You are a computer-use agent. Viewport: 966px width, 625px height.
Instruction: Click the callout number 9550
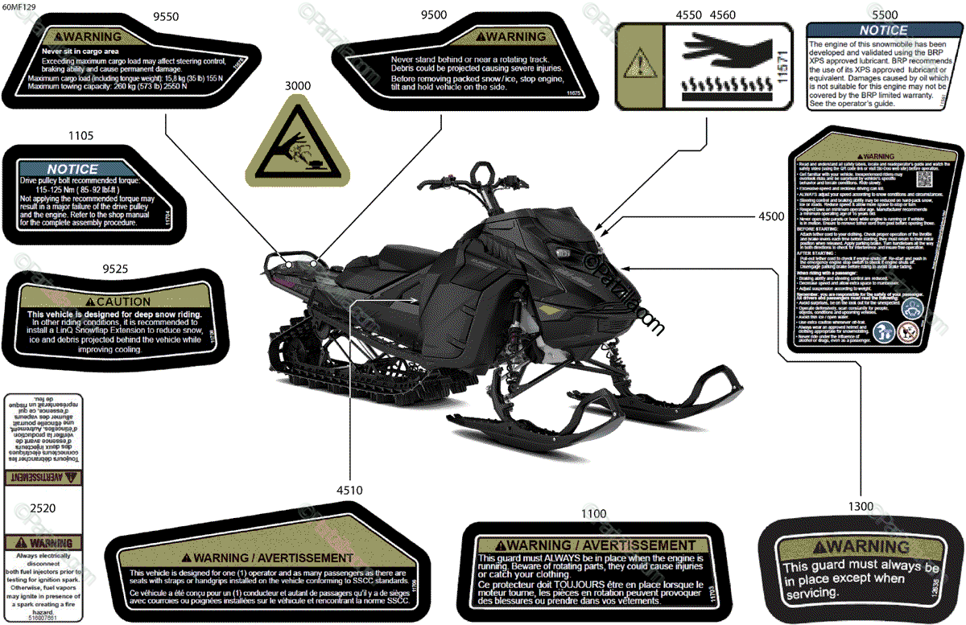coord(166,15)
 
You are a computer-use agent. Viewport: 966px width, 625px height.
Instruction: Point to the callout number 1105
coord(82,136)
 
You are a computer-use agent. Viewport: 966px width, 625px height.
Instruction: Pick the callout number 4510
coord(349,490)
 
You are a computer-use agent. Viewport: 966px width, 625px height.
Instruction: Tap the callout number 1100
coord(593,513)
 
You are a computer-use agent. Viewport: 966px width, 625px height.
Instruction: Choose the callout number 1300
coord(861,506)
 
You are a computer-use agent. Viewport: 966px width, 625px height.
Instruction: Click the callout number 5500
coord(885,14)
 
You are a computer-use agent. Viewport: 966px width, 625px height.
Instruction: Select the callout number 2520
coord(42,509)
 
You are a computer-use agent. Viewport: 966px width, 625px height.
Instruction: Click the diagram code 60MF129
coord(19,6)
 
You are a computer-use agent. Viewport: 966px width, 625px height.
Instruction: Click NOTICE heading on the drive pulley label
coord(72,169)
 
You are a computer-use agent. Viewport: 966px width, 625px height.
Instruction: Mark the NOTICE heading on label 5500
coord(884,31)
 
